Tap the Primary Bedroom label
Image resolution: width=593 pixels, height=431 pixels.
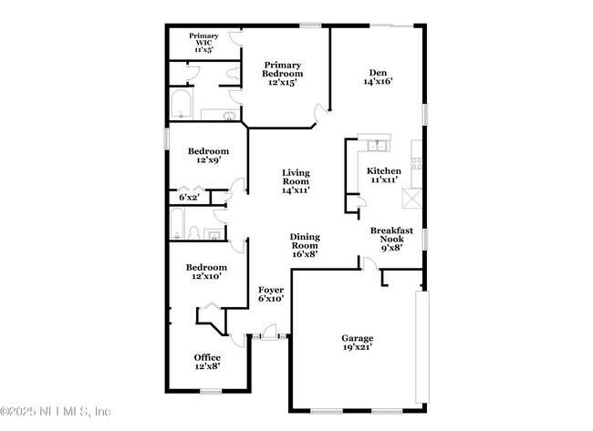click(283, 74)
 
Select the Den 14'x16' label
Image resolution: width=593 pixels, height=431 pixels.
click(378, 77)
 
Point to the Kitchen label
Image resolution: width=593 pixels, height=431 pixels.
click(383, 175)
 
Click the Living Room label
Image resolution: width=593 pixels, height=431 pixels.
click(295, 181)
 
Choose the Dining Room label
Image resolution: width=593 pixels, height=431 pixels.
click(304, 245)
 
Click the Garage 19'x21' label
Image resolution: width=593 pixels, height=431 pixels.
click(358, 343)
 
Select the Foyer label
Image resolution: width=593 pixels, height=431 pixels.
click(271, 292)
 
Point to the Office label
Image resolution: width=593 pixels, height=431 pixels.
click(207, 361)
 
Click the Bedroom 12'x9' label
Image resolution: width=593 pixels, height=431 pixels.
click(208, 155)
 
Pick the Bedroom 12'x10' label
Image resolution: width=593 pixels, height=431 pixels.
click(205, 271)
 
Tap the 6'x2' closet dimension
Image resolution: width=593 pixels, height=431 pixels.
click(189, 197)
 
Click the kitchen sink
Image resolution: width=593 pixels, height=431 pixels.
click(374, 144)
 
